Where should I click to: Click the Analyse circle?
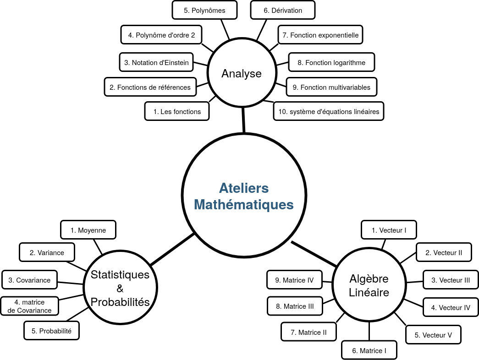242,73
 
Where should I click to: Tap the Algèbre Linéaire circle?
369,285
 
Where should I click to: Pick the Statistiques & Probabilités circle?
120,288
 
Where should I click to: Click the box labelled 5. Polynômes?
204,10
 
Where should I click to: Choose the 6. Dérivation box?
283,10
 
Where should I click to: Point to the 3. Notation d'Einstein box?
156,62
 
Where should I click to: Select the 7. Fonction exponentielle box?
321,35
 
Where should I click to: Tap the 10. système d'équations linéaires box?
328,111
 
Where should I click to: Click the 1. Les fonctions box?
177,111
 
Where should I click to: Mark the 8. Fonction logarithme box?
331,62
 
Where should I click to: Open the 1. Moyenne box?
88,230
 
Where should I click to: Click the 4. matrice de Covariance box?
30,306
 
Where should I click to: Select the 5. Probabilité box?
51,331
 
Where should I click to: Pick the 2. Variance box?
47,252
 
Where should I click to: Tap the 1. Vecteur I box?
389,230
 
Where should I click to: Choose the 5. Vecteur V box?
433,335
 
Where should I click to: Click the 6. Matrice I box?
369,350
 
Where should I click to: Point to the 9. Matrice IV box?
294,280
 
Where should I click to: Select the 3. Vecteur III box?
451,280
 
